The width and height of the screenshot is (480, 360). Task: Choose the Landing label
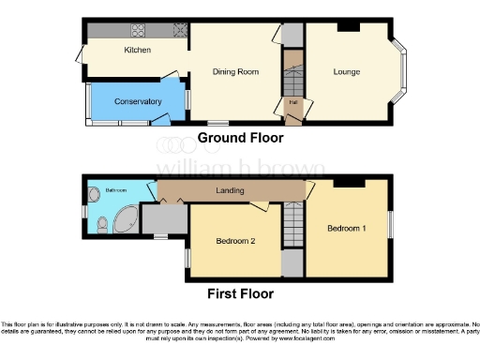(230, 191)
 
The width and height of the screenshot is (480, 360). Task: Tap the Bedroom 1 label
(347, 229)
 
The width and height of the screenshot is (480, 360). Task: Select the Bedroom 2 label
(235, 242)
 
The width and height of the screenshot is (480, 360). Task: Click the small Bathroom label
(115, 190)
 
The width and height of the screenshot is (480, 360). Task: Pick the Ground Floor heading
(240, 138)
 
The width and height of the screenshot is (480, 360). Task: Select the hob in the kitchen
(174, 29)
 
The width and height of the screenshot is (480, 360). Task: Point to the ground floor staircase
(292, 71)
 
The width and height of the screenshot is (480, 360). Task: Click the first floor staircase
(294, 226)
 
